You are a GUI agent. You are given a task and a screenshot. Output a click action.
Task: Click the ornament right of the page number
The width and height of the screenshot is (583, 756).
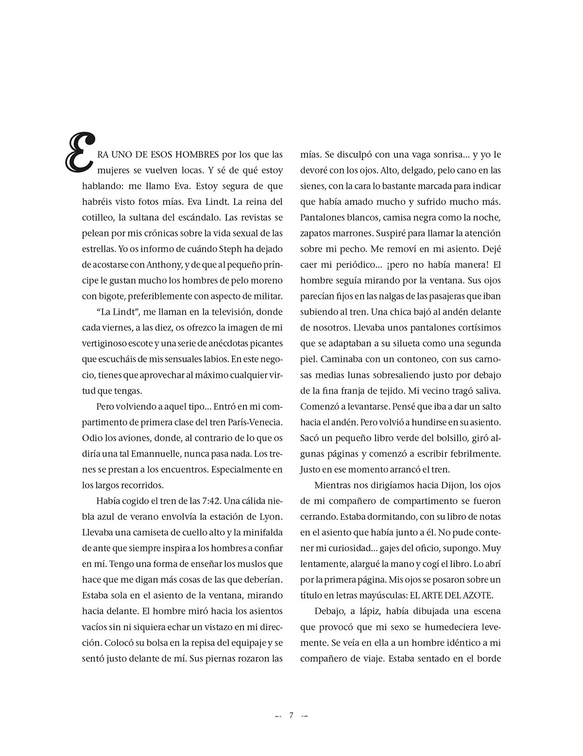coord(305,716)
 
